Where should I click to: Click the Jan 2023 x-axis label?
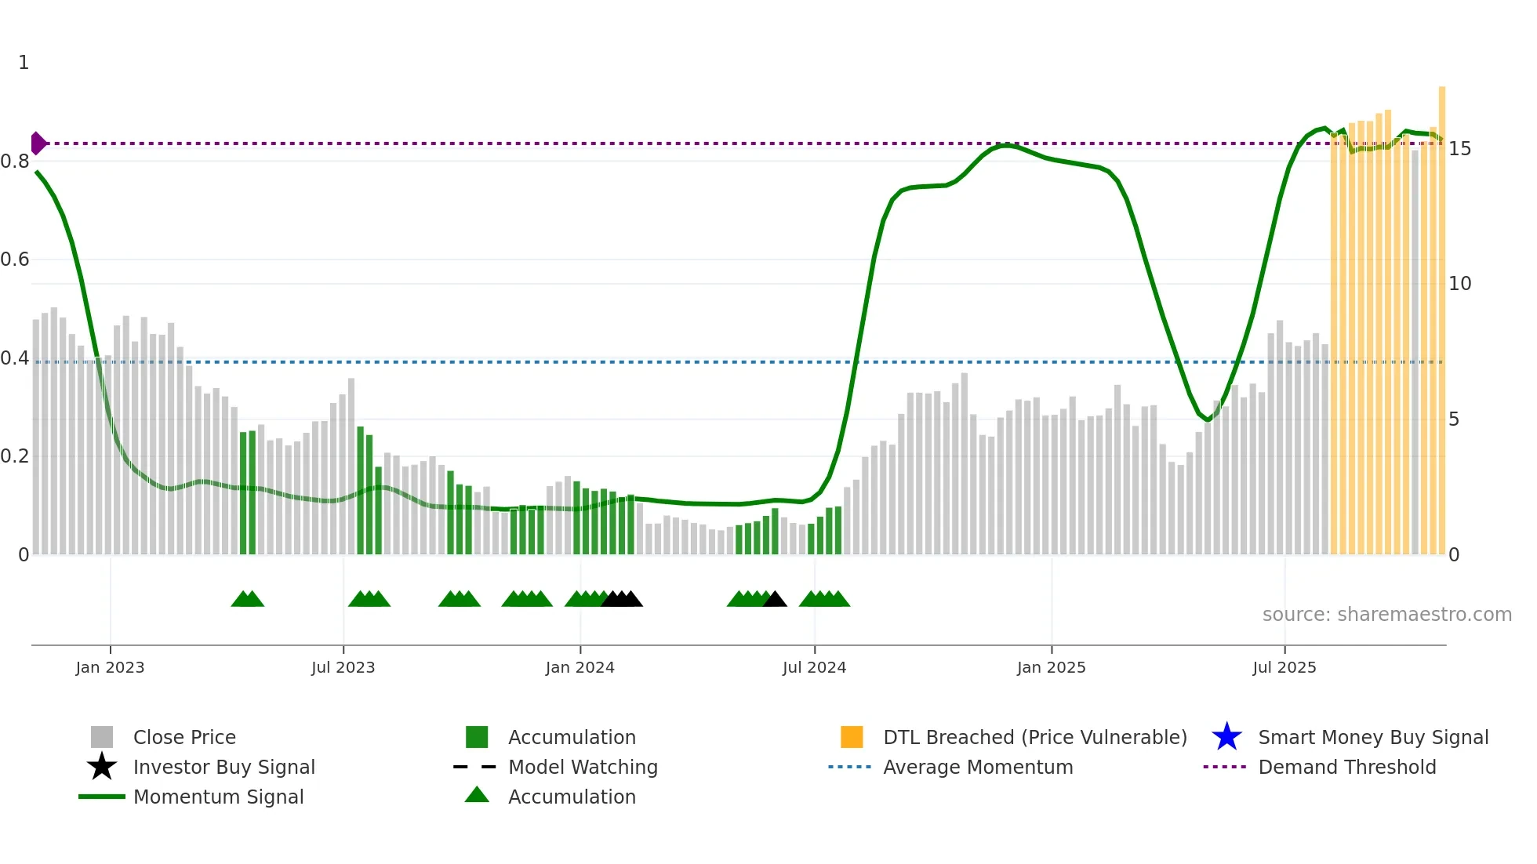pos(110,667)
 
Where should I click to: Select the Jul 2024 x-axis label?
pos(814,667)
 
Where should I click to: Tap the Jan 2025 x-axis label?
pos(1051,667)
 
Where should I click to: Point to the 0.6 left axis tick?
pos(15,260)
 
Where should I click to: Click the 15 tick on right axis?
pos(1459,149)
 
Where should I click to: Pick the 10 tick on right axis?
pos(1459,284)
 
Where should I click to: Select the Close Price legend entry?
pos(184,737)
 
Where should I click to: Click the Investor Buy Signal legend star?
pos(102,767)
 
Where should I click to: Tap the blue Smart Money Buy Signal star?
pos(1226,737)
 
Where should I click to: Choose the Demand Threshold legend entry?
pos(1346,767)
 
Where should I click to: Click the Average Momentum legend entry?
pos(977,767)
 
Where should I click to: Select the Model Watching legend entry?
pos(582,767)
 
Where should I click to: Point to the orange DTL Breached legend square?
pos(852,737)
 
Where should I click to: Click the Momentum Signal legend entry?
pos(218,797)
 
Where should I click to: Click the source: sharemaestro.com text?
pos(1386,614)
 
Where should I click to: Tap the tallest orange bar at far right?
pos(1441,314)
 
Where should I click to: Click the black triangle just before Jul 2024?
pos(775,600)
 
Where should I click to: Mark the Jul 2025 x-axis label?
pos(1284,667)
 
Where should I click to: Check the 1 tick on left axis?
pos(24,63)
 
